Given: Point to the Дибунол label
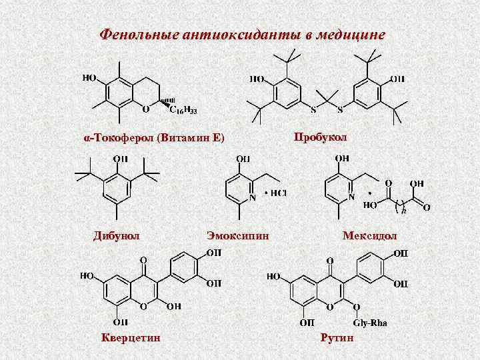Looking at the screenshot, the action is pyautogui.click(x=116, y=235).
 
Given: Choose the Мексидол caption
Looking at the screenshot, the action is pyautogui.click(x=369, y=235).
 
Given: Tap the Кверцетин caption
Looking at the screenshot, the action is pyautogui.click(x=131, y=337).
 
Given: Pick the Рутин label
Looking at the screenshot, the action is pyautogui.click(x=338, y=338).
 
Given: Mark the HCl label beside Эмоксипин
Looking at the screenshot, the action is pyautogui.click(x=277, y=193).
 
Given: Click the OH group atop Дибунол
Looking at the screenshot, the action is pyautogui.click(x=121, y=159).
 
